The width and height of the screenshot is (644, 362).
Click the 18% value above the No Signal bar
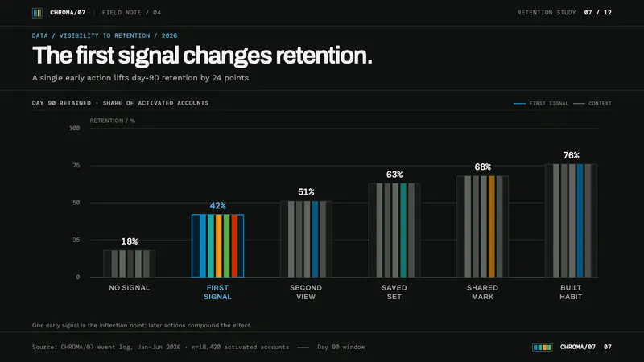pos(130,241)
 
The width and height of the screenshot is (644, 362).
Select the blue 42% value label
pos(217,206)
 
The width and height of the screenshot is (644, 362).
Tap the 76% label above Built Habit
pos(571,155)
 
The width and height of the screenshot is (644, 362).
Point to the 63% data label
pos(394,175)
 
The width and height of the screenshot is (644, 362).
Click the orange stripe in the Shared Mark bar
pos(492,227)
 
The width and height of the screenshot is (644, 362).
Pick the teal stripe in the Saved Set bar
pos(403,230)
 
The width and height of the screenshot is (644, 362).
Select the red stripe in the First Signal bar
pos(234,246)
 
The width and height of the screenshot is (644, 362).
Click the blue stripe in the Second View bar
pos(315,239)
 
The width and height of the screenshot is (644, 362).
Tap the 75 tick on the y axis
pos(76,166)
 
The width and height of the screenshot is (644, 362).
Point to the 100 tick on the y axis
pos(74,128)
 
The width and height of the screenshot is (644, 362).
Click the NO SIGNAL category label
pos(130,288)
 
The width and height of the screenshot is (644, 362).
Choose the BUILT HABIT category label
pos(571,292)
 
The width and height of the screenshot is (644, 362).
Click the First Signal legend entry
pos(541,104)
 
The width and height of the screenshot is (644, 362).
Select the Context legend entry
pos(592,104)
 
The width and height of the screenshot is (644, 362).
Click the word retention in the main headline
pos(324,55)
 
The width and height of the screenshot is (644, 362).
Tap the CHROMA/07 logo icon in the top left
pos(37,13)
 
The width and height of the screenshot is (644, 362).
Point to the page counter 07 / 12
pos(597,13)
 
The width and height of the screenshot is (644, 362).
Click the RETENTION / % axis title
pos(113,121)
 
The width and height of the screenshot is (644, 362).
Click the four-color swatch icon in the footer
pos(542,348)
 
